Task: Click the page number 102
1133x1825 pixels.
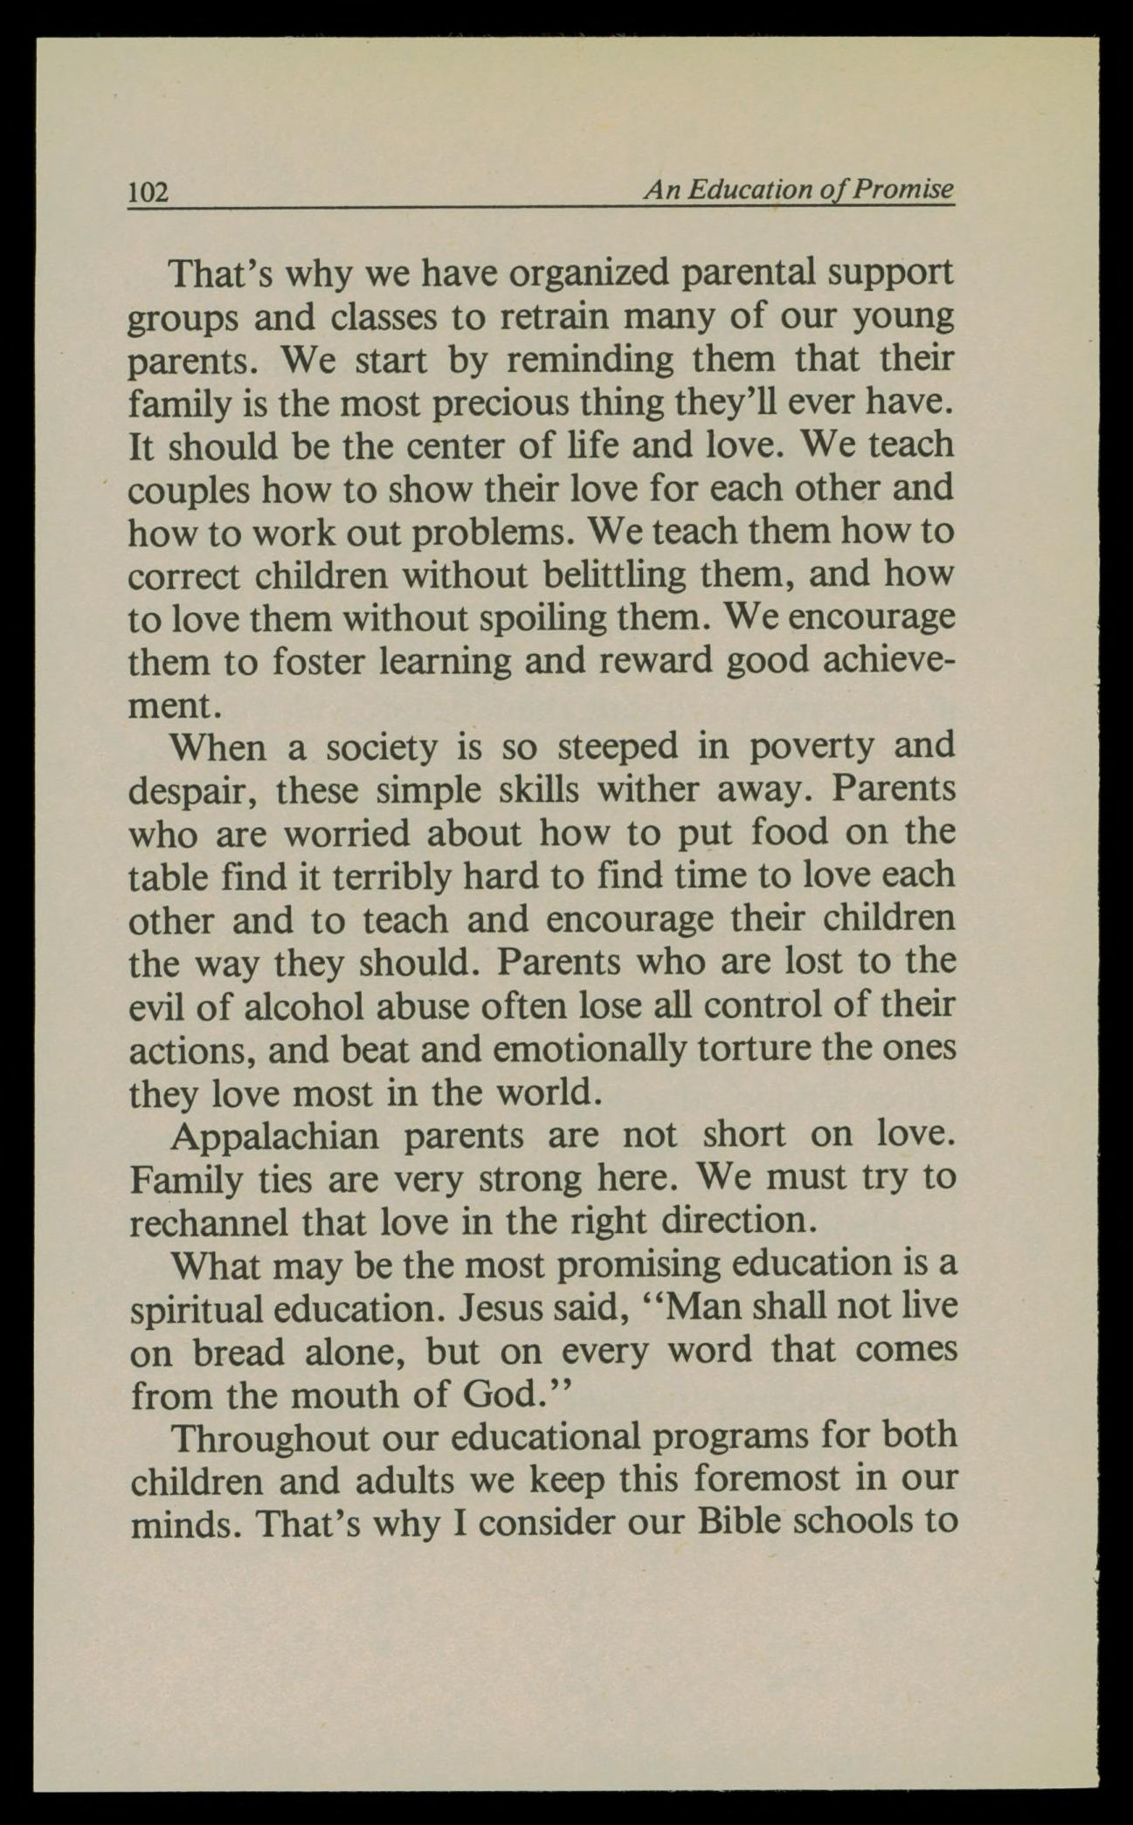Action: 148,191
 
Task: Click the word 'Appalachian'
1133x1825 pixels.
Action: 275,1136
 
